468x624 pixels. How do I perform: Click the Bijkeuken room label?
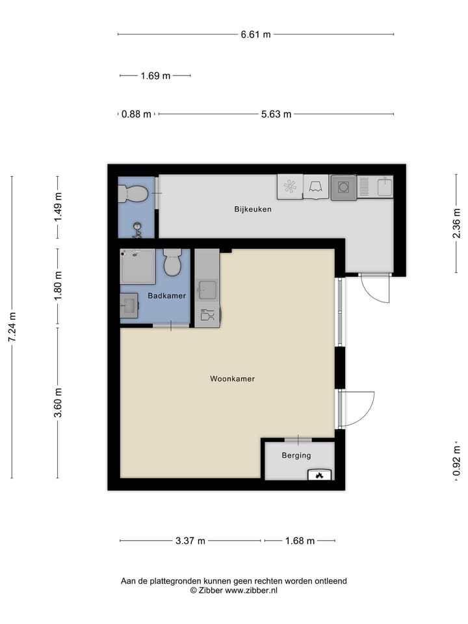[x=253, y=209]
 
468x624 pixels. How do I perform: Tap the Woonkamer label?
[x=232, y=378]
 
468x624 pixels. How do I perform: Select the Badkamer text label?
[x=167, y=296]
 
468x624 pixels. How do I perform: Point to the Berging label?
[x=296, y=456]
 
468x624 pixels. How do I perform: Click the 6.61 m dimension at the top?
[x=255, y=34]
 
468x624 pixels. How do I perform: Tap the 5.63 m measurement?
[x=276, y=114]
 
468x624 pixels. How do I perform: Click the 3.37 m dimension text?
[x=190, y=541]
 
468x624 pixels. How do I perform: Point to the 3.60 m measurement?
[x=58, y=403]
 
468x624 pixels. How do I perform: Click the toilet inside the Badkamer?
[x=172, y=262]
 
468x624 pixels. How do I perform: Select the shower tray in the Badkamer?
[x=138, y=266]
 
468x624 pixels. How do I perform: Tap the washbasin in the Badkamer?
[x=129, y=305]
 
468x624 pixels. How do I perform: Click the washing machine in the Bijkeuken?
[x=343, y=188]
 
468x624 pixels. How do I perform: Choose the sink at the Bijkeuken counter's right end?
[x=383, y=187]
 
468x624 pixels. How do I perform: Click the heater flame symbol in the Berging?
[x=319, y=475]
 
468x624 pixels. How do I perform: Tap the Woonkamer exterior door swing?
[x=356, y=408]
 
